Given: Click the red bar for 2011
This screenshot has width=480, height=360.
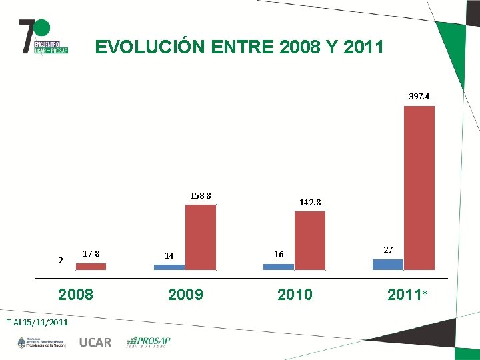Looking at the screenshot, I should point(419,187).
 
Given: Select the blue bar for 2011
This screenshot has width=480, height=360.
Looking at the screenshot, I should point(387,264).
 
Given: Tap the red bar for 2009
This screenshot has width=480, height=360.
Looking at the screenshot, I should point(201,237).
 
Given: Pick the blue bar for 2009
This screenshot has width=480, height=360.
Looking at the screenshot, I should point(169,267).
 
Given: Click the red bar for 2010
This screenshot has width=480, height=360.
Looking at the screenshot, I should point(310,240).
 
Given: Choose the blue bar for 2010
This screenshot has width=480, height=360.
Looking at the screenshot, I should point(279,267).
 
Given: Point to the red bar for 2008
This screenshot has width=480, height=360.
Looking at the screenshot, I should point(91,266).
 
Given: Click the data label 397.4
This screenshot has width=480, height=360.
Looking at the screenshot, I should point(419,97).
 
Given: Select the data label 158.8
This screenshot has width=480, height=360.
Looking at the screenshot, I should point(201,196).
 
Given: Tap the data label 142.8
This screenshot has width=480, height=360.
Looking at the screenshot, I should point(310,202).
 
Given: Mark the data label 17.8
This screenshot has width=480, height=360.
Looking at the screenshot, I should point(91,254).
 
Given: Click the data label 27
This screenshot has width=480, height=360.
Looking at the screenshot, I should point(389,249).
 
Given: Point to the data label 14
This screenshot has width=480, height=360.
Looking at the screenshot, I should point(169,255).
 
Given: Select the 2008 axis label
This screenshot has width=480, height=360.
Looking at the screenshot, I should point(76,294).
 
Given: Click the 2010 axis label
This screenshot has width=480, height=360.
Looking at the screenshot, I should point(295,294).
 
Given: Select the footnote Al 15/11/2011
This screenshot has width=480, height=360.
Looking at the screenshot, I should point(37,323).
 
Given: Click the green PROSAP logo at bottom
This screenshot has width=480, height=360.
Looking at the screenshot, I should point(149,342).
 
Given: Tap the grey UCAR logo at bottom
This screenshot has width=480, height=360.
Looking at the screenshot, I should point(95,343).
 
